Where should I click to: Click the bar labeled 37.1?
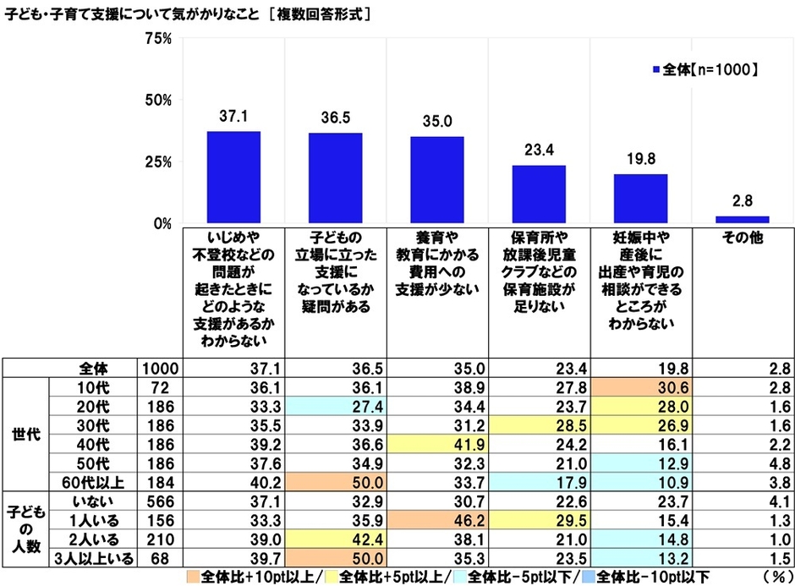click(x=234, y=178)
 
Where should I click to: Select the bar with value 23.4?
click(x=539, y=194)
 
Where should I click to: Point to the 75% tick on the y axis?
click(x=158, y=38)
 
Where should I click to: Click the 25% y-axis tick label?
click(x=158, y=162)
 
